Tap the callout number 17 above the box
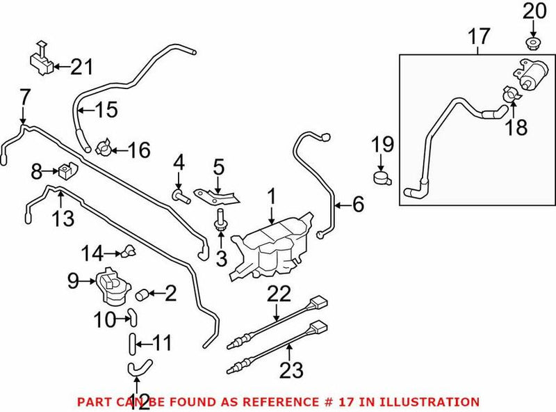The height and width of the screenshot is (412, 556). coord(478,36)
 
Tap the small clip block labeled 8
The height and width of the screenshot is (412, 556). coord(68,169)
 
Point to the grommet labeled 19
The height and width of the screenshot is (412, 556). coord(381,177)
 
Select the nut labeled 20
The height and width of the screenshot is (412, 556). coord(532,45)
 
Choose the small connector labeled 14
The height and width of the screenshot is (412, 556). coord(129,251)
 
